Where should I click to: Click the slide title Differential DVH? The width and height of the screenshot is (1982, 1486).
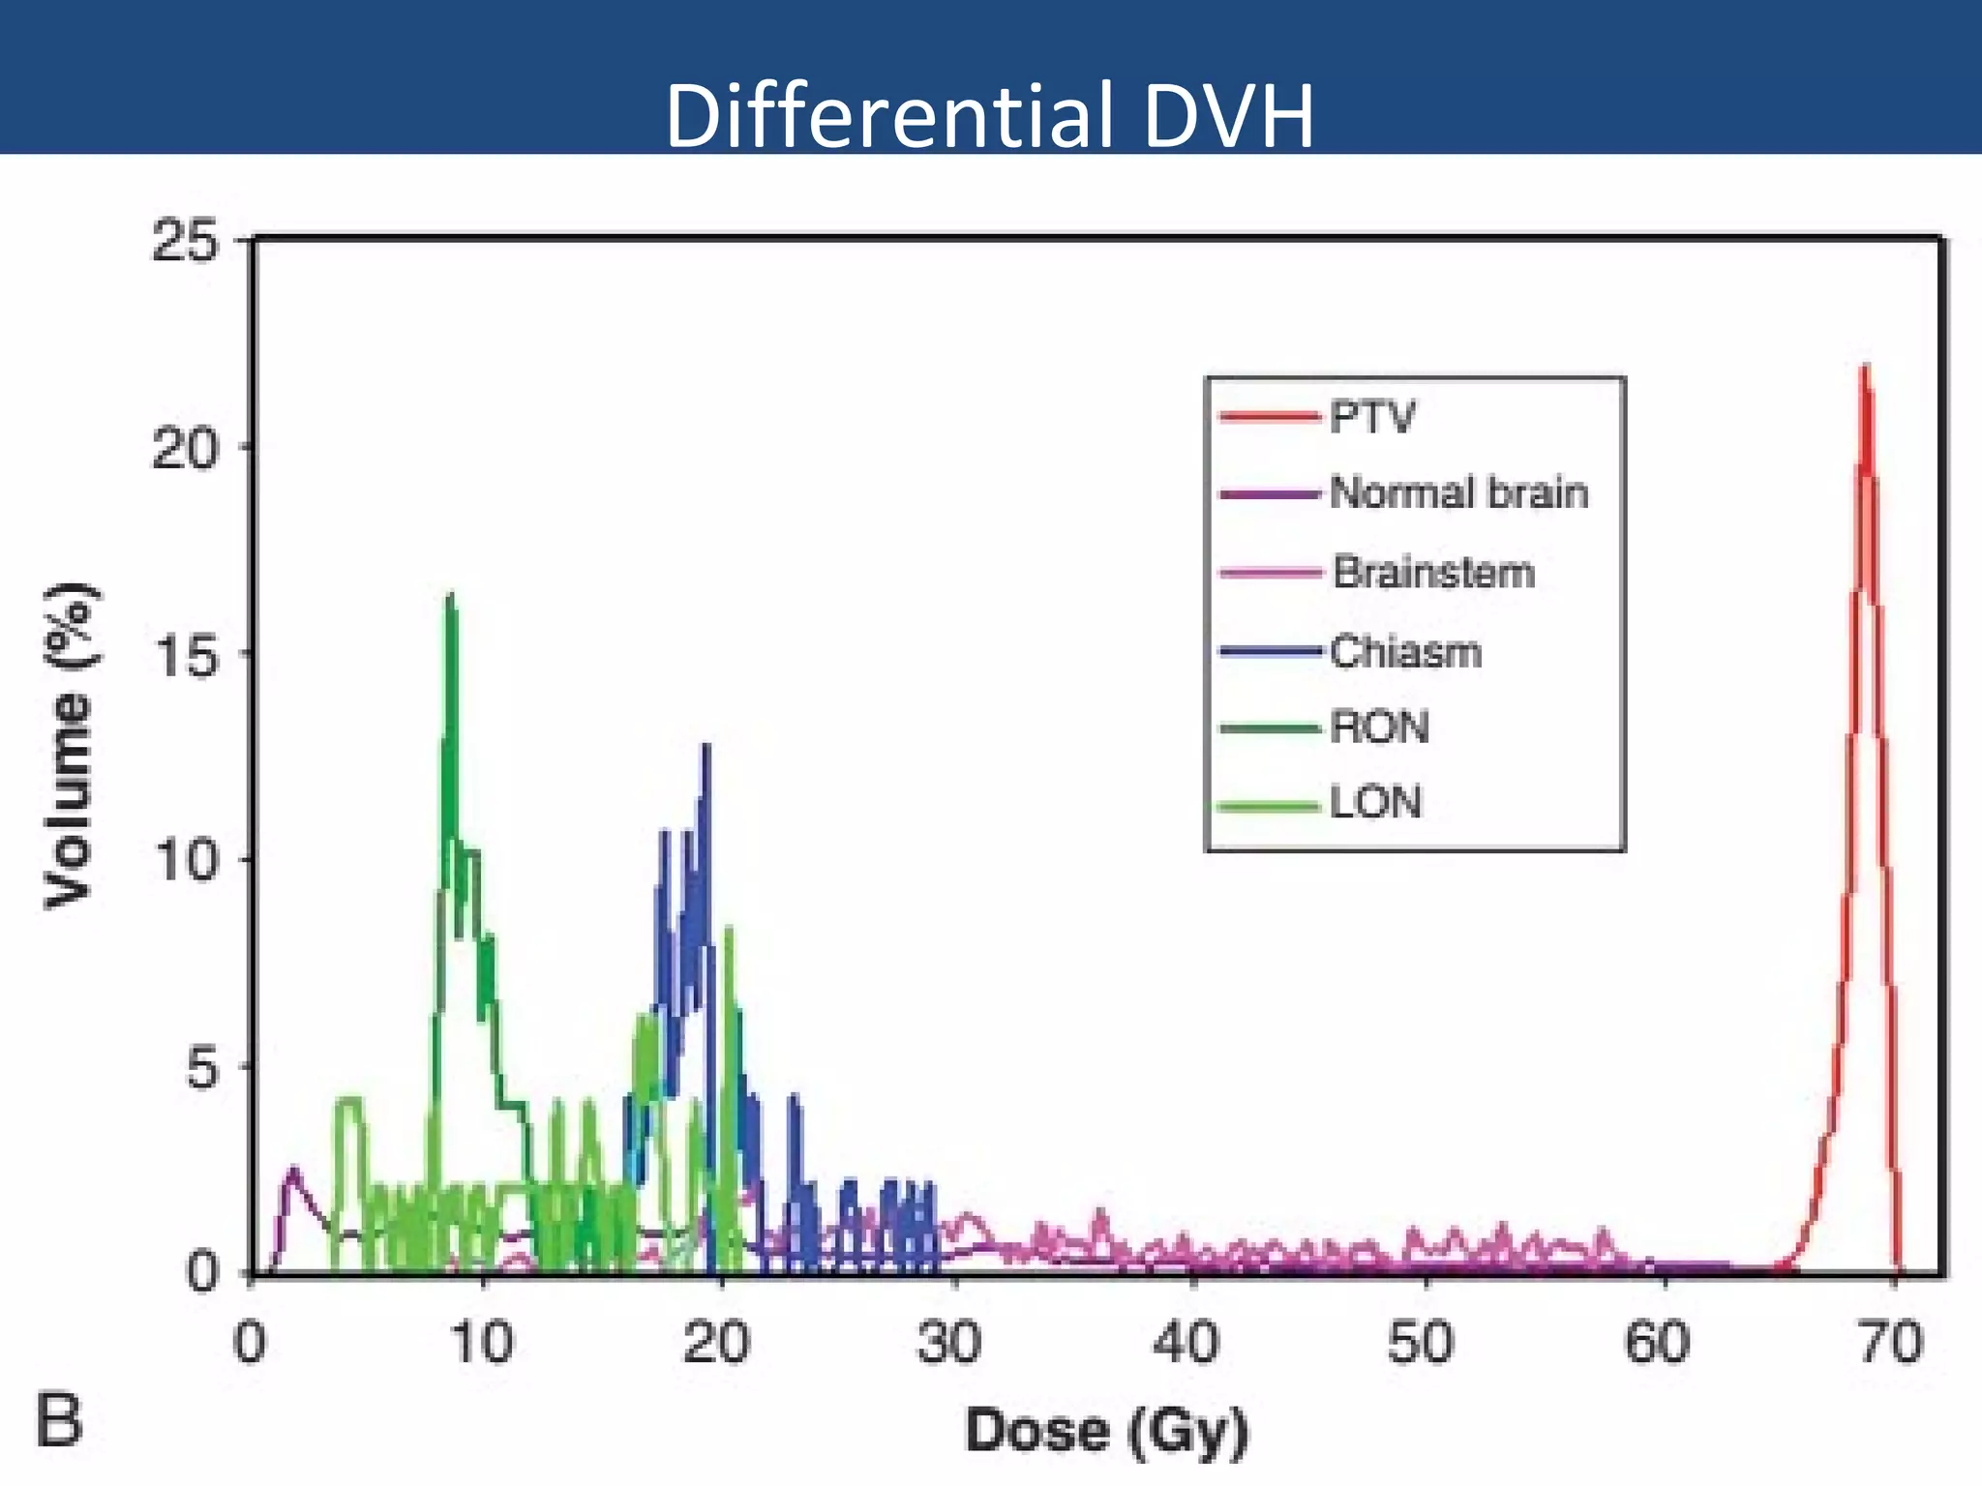(x=989, y=116)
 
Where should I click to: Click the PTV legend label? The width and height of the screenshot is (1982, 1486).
(x=1372, y=418)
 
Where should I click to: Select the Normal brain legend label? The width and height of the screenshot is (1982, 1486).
(x=1458, y=493)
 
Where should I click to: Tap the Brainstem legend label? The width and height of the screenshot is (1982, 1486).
(x=1433, y=573)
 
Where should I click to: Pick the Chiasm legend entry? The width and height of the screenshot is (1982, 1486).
(x=1405, y=652)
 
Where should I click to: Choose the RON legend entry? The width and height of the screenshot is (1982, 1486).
(x=1379, y=728)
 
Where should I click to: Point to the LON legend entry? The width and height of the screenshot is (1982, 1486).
(x=1375, y=803)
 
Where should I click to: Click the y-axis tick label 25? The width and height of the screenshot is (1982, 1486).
(x=186, y=241)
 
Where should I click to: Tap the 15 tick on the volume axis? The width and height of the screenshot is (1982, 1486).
(x=186, y=653)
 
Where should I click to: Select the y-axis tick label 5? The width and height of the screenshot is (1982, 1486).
(x=204, y=1067)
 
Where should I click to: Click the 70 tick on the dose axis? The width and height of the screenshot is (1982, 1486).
(x=1891, y=1344)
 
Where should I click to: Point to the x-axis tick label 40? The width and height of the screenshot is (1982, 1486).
(x=1187, y=1344)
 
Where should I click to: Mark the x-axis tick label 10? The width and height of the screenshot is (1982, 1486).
(x=481, y=1344)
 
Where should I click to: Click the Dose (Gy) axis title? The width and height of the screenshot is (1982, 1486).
(x=1106, y=1431)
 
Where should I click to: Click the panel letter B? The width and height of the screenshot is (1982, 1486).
(x=60, y=1419)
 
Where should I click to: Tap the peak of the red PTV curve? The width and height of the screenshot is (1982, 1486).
(x=1865, y=368)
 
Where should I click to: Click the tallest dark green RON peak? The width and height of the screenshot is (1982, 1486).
(x=450, y=597)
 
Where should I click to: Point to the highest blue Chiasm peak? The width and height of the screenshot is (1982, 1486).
(x=706, y=747)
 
